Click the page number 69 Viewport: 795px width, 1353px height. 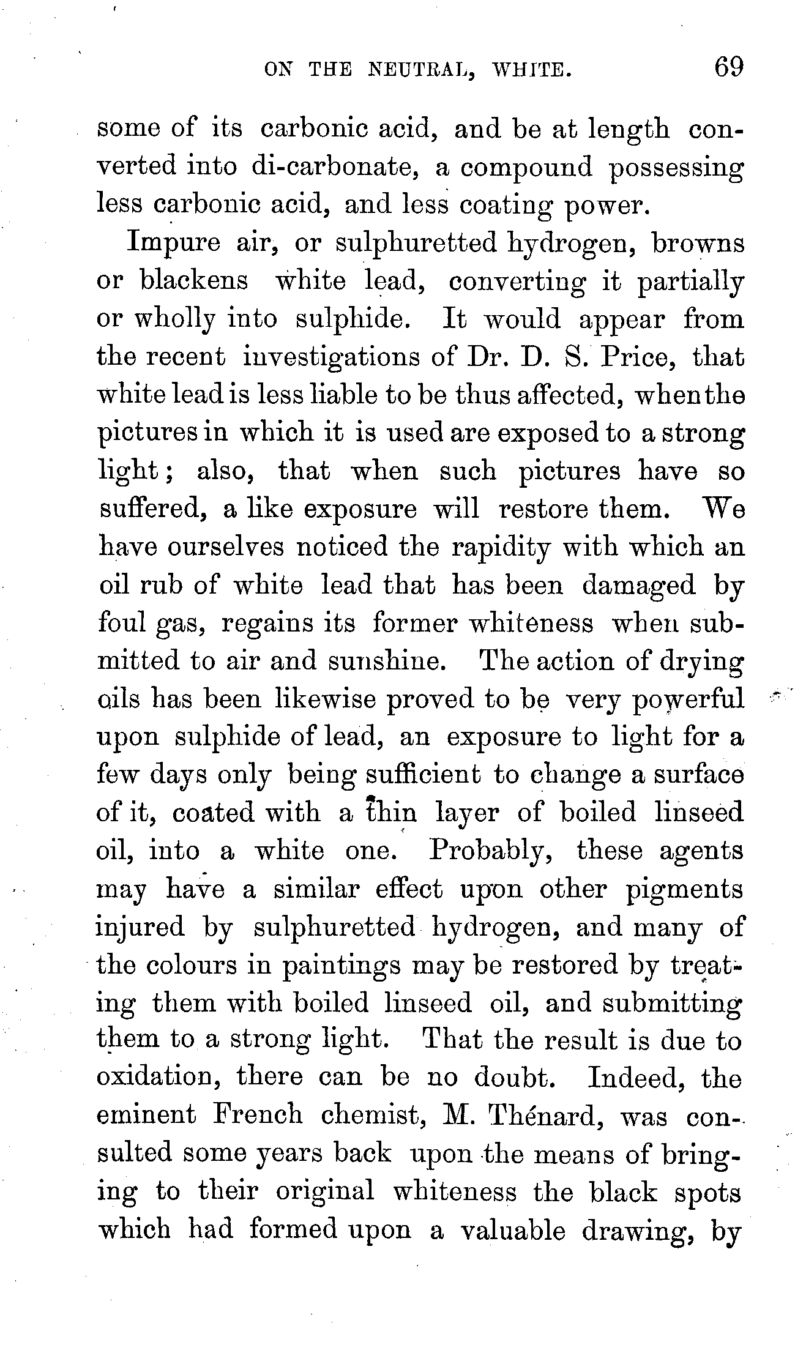tap(726, 67)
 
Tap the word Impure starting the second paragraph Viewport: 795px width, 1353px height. tap(173, 244)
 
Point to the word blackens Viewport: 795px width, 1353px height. tap(194, 281)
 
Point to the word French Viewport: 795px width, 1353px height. tap(258, 1116)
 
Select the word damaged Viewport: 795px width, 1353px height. tap(638, 586)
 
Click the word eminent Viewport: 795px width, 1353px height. tap(147, 1116)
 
